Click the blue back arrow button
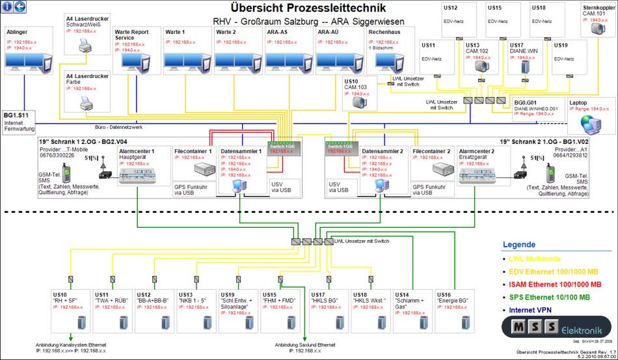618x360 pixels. click(x=20, y=7)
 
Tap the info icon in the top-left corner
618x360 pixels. click(x=7, y=7)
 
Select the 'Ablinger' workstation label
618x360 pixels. click(x=17, y=31)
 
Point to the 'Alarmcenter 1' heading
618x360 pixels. click(x=136, y=150)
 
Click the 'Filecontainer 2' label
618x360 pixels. click(x=432, y=151)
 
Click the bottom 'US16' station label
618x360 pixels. click(x=444, y=294)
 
